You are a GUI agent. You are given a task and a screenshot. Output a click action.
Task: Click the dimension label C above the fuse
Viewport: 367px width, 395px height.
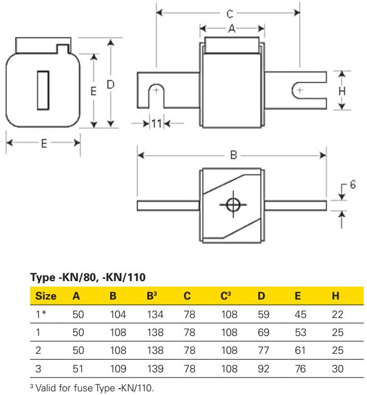[x=229, y=14]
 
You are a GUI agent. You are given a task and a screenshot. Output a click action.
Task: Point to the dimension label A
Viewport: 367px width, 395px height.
[x=231, y=28]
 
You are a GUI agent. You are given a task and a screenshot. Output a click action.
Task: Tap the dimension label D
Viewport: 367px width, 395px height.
[x=111, y=84]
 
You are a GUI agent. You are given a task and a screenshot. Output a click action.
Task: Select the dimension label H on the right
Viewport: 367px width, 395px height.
[x=342, y=91]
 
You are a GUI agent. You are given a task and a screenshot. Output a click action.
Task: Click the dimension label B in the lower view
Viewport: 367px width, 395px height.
[x=234, y=155]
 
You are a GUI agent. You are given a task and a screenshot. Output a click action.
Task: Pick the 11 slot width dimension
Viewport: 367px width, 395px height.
[x=156, y=123]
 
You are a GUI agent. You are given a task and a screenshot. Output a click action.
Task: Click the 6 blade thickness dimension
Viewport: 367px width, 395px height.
[x=353, y=185]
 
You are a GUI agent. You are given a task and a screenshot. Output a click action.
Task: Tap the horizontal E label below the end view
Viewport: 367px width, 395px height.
[x=44, y=143]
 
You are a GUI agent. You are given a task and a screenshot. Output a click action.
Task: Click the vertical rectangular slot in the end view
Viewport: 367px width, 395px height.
[x=43, y=90]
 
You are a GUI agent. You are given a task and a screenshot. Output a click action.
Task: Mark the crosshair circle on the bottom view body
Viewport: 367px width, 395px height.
[x=233, y=204]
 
